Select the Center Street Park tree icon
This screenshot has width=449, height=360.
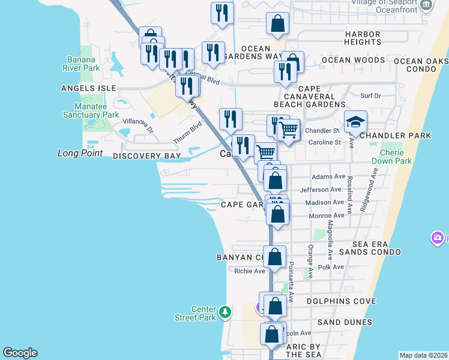click(x=225, y=311)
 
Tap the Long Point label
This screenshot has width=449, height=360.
click(x=80, y=154)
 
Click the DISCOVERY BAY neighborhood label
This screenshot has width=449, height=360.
click(x=146, y=156)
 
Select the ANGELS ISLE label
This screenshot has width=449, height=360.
click(x=88, y=88)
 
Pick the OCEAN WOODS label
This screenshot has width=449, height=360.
click(x=353, y=60)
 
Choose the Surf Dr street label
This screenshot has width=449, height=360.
click(x=370, y=95)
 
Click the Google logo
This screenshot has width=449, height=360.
click(x=20, y=353)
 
